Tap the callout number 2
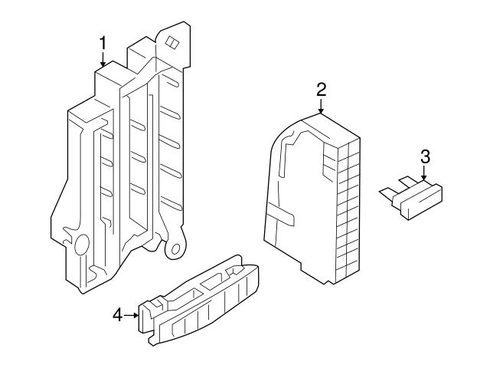coord(322,88)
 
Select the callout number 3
coord(426,157)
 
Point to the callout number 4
coord(118,314)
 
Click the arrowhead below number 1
coord(103,65)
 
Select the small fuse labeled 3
coord(413,199)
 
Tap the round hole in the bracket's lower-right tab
coord(177,249)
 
